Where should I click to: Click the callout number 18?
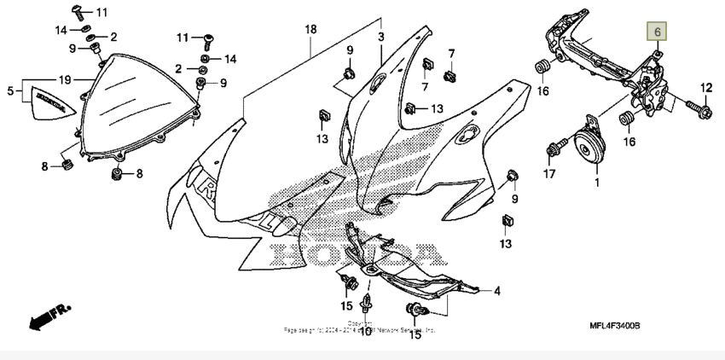coord(311,29)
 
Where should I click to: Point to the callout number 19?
coord(64,79)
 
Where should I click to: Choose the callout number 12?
coord(705,88)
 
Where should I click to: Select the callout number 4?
coord(496,290)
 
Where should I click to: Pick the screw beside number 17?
coord(552,149)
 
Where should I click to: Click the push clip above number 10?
coord(367,306)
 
